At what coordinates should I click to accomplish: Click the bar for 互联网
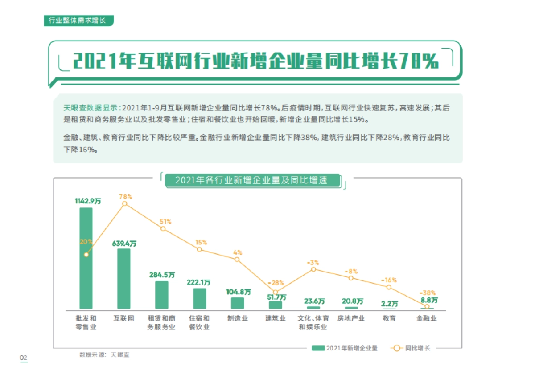[x=124, y=279]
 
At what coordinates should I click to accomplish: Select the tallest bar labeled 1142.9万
[x=86, y=258]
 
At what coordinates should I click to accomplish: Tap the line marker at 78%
[x=125, y=204]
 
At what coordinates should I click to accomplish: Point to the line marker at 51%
[x=163, y=229]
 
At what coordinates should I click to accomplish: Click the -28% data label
[x=276, y=283]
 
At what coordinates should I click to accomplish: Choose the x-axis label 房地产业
[x=351, y=319]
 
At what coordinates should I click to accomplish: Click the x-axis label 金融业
[x=427, y=319]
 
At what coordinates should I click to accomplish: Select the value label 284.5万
[x=162, y=275]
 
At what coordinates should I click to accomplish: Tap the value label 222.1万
[x=200, y=282]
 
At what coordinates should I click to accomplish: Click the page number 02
[x=23, y=358]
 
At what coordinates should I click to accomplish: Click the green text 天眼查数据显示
[x=91, y=108]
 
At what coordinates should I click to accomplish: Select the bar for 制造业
[x=238, y=303]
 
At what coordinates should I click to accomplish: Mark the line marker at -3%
[x=313, y=269]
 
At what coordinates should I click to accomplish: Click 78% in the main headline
[x=419, y=62]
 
